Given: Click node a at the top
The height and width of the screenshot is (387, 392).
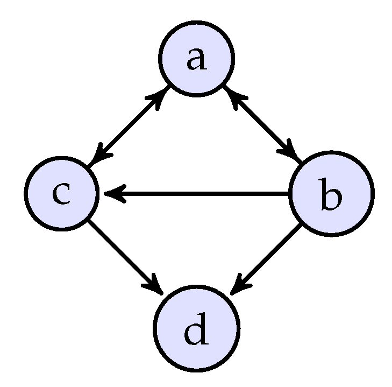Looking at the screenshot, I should click(196, 59).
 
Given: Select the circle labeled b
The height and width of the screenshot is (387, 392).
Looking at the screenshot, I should click(330, 193).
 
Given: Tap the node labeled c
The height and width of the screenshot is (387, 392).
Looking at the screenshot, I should click(62, 193).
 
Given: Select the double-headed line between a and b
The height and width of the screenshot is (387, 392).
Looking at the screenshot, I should click(263, 126).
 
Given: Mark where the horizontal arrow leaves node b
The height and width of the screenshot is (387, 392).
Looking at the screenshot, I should click(289, 193).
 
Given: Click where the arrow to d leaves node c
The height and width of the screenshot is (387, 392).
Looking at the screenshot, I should click(89, 221).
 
